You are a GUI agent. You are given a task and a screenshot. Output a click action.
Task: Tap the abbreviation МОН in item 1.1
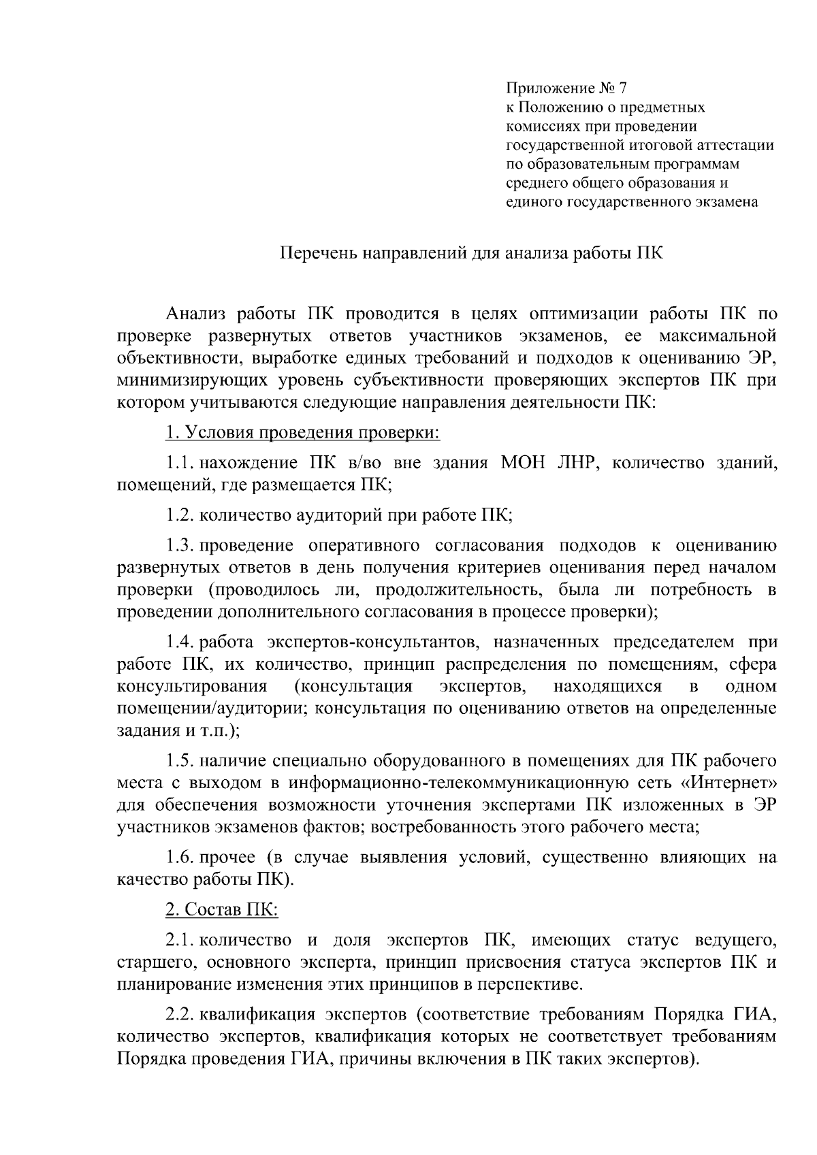pyautogui.click(x=526, y=463)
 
